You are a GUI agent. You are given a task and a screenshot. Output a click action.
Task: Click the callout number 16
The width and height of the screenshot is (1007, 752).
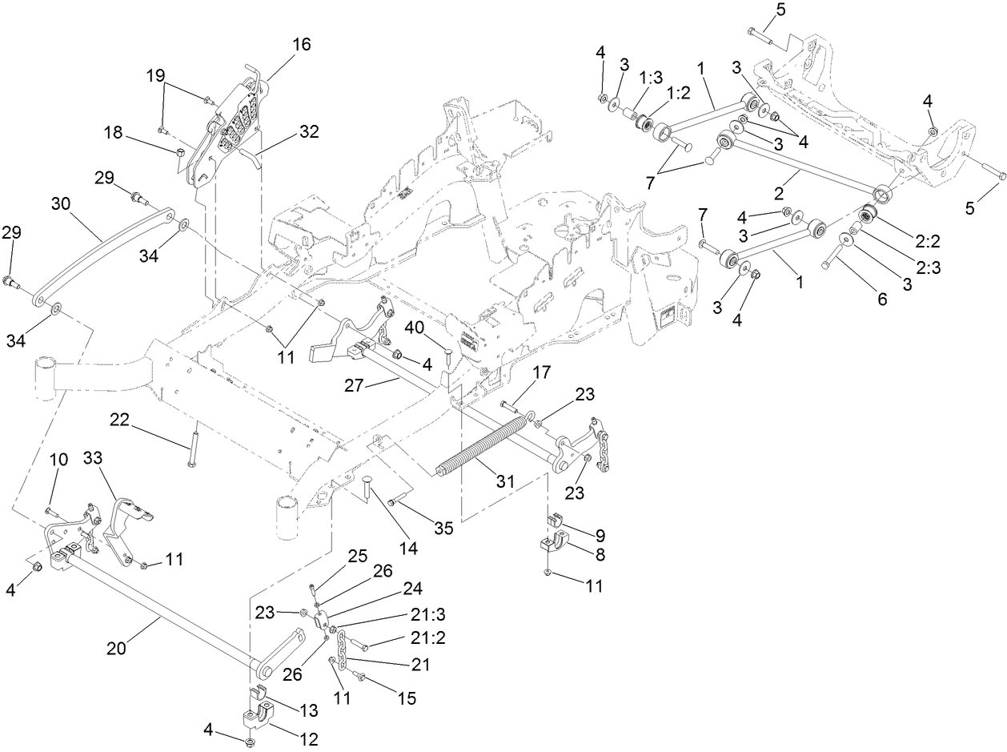pos(301,44)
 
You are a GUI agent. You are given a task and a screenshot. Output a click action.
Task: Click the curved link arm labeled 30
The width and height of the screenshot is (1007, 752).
pos(104,259)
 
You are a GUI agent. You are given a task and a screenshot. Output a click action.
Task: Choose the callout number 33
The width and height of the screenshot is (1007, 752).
pos(94,458)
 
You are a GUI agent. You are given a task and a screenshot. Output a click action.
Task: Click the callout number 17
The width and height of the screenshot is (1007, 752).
pos(541,372)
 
